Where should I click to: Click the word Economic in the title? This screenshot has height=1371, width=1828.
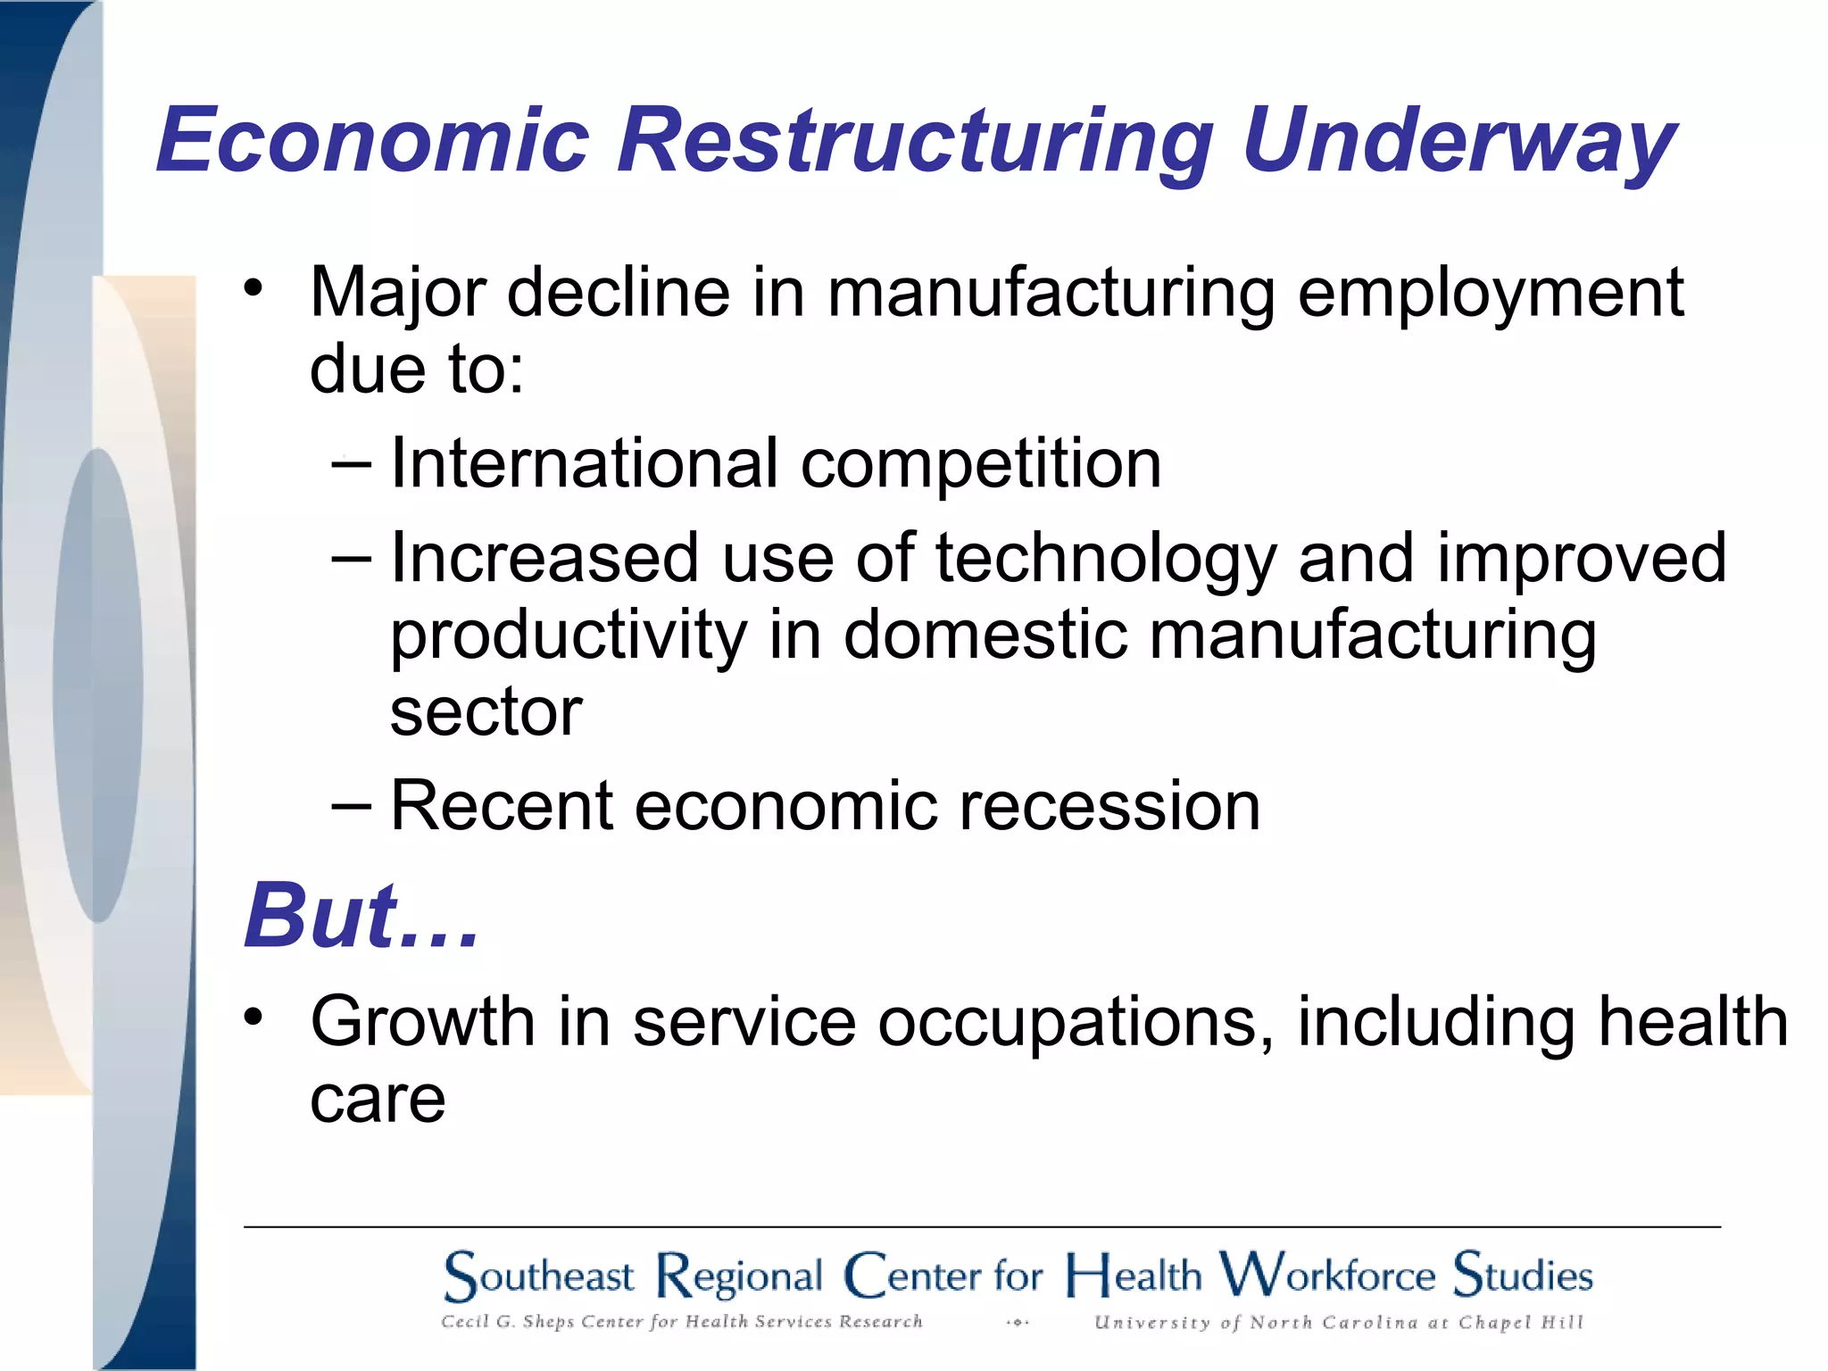(x=373, y=140)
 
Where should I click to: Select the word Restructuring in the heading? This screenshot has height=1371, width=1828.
(x=914, y=140)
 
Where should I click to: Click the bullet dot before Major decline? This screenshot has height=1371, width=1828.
(x=253, y=288)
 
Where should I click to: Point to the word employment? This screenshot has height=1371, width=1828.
(x=1489, y=295)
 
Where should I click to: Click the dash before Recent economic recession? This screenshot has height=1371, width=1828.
(x=350, y=806)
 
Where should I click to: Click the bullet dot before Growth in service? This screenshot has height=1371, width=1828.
(x=253, y=1017)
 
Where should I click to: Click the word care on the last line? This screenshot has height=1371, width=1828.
(x=377, y=1100)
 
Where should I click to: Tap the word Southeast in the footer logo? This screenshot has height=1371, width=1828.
(x=539, y=1275)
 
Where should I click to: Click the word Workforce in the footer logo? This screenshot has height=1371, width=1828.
(x=1327, y=1274)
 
